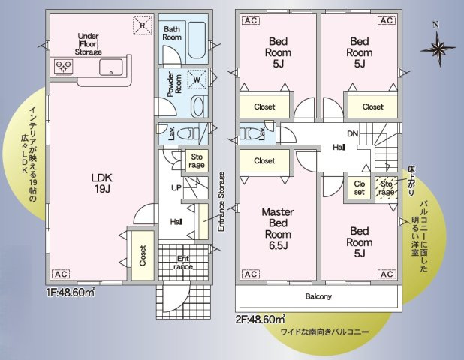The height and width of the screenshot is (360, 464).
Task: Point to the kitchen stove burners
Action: tap(62, 67)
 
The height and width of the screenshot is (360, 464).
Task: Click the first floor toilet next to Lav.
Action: tap(198, 133)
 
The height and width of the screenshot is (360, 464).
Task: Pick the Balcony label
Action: tap(318, 296)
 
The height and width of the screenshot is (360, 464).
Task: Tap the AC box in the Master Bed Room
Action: tap(250, 273)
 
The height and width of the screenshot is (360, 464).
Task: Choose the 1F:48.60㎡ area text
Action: tap(73, 293)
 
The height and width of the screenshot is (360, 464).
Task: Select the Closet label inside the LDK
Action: tap(143, 255)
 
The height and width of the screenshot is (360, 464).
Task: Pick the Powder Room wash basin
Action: tap(197, 105)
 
